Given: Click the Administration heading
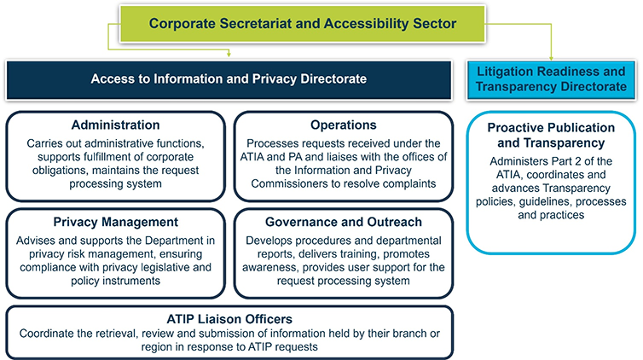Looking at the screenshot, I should (116, 125).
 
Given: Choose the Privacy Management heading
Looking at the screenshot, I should (115, 222).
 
